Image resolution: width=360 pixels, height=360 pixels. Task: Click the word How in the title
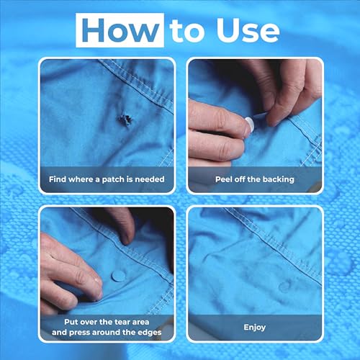tap(121, 30)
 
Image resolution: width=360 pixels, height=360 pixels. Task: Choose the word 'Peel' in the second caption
tap(224, 178)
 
